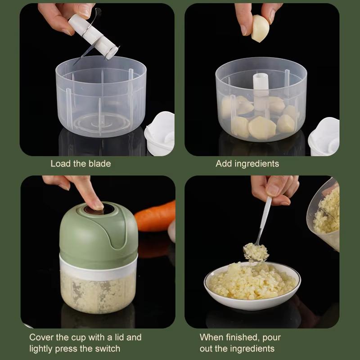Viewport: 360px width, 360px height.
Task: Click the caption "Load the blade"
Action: click(x=81, y=164)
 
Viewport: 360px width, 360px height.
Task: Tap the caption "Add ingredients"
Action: click(x=247, y=164)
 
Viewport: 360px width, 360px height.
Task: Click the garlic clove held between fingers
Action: click(x=260, y=28)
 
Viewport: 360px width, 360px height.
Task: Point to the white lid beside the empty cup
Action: click(x=160, y=133)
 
